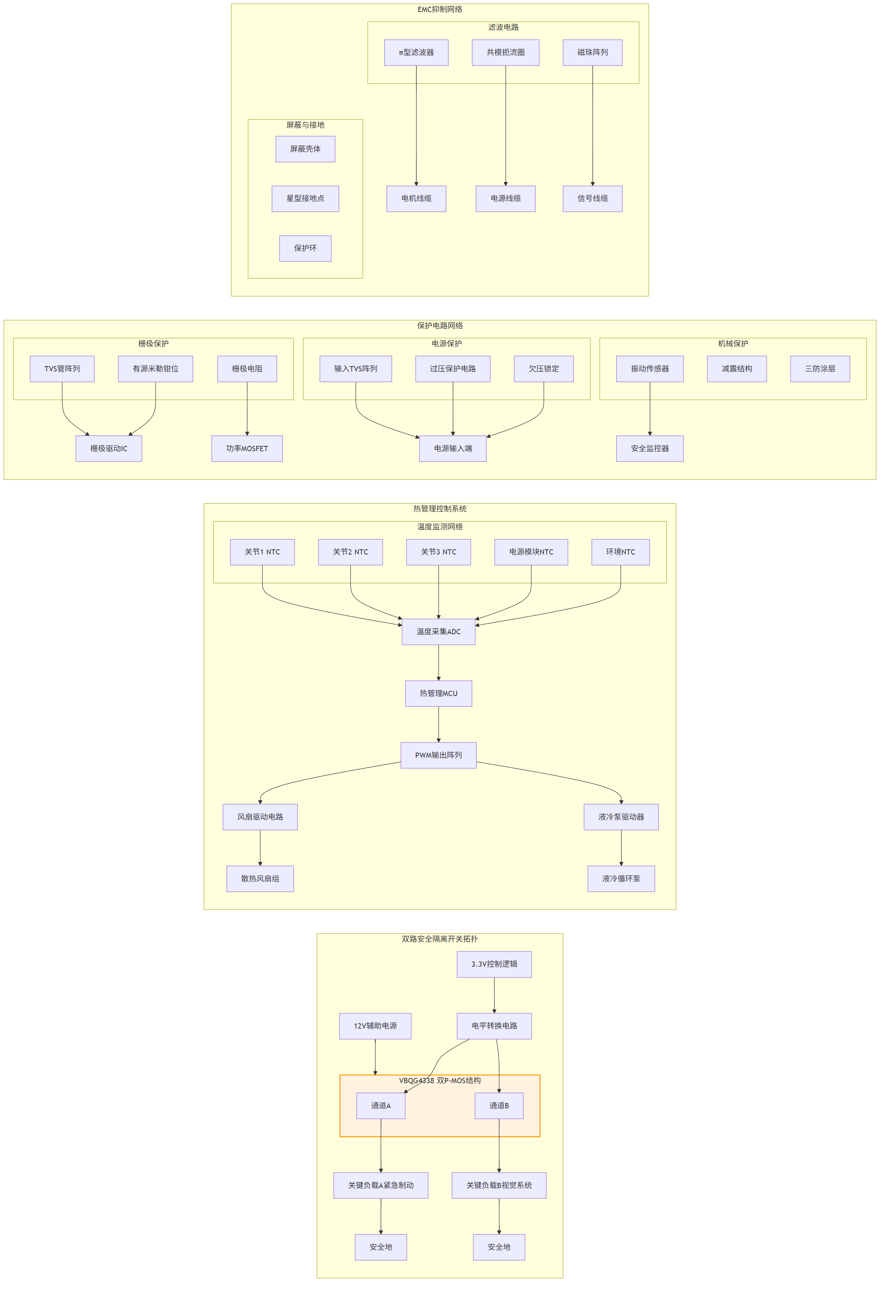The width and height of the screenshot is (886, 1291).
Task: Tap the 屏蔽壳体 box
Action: tap(305, 149)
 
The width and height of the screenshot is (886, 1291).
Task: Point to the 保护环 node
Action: tap(305, 248)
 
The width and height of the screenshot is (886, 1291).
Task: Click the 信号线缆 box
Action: tap(592, 199)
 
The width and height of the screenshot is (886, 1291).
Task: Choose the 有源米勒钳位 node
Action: tap(155, 369)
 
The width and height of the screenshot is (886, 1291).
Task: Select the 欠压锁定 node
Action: tap(544, 369)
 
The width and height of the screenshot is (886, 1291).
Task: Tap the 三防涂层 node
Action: tap(820, 369)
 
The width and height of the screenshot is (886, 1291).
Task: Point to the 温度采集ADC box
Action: tap(439, 632)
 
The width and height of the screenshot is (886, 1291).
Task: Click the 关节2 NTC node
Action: tap(350, 552)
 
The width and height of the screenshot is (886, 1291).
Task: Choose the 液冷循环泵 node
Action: tap(621, 879)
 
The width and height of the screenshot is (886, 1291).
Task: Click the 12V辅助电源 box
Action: tap(375, 1026)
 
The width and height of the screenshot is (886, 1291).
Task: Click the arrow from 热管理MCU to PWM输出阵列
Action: tap(439, 725)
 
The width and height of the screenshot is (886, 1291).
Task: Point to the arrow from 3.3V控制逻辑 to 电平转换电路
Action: tap(494, 996)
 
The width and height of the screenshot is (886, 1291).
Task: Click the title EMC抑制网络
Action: tap(440, 9)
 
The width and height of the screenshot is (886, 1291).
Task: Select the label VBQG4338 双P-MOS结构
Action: tap(440, 1081)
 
